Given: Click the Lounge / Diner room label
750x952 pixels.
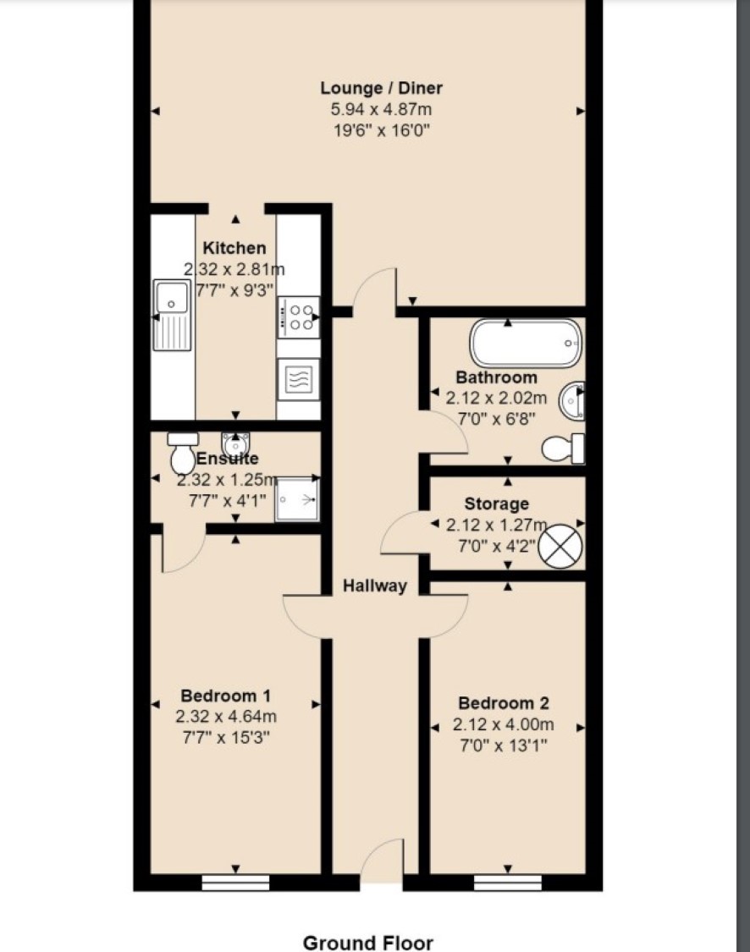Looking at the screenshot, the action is pyautogui.click(x=382, y=89).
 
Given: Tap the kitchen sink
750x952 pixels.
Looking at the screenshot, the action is pyautogui.click(x=171, y=314).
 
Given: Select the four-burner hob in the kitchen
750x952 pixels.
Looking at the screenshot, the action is pyautogui.click(x=298, y=317).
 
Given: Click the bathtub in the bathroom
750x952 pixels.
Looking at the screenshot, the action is pyautogui.click(x=526, y=343).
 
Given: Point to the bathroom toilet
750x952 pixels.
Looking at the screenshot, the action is pyautogui.click(x=563, y=448).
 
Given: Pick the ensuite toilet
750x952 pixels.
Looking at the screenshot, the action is pyautogui.click(x=182, y=453).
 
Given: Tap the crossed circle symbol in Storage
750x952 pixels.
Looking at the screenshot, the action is pyautogui.click(x=560, y=546).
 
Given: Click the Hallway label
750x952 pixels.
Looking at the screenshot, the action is pyautogui.click(x=375, y=586).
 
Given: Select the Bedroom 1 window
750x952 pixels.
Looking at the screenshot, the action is pyautogui.click(x=235, y=882).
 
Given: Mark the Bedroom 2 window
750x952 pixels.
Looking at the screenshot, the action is pyautogui.click(x=507, y=882).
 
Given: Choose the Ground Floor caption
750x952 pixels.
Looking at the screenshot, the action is pyautogui.click(x=368, y=943).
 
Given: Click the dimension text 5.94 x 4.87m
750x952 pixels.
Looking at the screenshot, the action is pyautogui.click(x=382, y=110).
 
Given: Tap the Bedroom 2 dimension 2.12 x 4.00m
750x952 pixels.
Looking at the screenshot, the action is pyautogui.click(x=503, y=724).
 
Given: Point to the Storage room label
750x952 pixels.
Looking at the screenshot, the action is pyautogui.click(x=496, y=504).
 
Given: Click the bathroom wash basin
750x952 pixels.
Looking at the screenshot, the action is pyautogui.click(x=573, y=401).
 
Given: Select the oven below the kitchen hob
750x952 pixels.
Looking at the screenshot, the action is pyautogui.click(x=298, y=379).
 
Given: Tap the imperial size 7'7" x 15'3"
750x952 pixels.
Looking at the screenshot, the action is pyautogui.click(x=226, y=738).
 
